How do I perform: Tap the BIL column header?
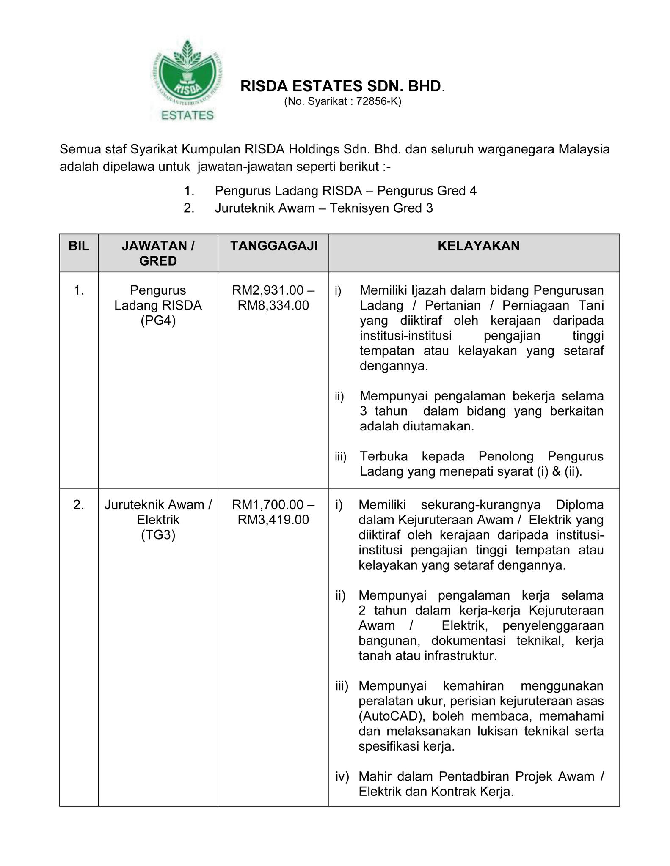click(x=79, y=246)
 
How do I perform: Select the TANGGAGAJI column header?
click(x=273, y=246)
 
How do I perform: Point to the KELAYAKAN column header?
click(x=478, y=246)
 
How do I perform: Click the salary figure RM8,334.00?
click(x=273, y=305)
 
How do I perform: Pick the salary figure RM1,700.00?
click(x=268, y=504)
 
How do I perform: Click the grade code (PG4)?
click(x=158, y=321)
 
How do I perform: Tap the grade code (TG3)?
click(x=158, y=535)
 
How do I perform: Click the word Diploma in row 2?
click(x=579, y=504)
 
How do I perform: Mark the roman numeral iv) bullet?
click(x=342, y=776)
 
